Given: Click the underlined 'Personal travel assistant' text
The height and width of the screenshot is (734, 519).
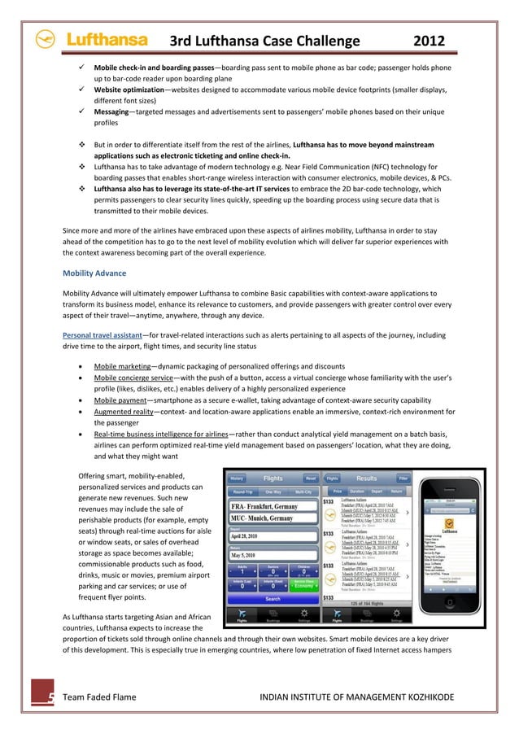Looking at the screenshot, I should [x=102, y=334].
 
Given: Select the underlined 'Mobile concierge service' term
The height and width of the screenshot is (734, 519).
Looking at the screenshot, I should [x=143, y=382].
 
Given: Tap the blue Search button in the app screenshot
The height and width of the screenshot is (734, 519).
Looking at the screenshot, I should [x=273, y=599].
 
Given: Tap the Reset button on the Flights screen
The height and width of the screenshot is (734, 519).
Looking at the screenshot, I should [x=310, y=478].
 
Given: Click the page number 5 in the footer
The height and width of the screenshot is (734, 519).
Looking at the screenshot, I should [x=50, y=697].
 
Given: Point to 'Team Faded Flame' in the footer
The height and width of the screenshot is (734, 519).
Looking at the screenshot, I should [x=100, y=697].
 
